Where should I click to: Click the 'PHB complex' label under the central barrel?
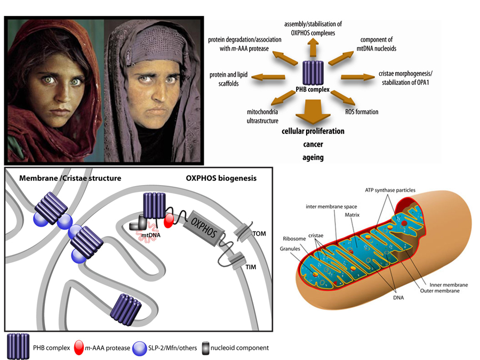click(313, 90)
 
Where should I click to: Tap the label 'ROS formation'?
click(362, 112)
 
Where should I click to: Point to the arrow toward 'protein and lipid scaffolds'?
click(268, 77)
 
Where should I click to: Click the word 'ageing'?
click(313, 158)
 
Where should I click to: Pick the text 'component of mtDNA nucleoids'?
click(376, 44)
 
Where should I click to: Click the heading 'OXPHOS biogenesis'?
click(221, 178)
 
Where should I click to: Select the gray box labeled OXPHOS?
click(204, 228)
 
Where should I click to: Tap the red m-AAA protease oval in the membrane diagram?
click(169, 221)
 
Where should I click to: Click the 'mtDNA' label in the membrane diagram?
click(150, 235)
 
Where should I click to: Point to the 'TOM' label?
click(259, 234)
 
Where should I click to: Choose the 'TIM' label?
click(251, 267)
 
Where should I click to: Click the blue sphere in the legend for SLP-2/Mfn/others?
click(140, 348)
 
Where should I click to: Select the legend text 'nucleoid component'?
click(239, 348)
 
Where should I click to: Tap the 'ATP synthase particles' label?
click(390, 190)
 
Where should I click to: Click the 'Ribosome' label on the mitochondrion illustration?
click(294, 239)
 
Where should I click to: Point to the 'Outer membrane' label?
click(439, 291)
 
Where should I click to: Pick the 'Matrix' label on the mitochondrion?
click(352, 215)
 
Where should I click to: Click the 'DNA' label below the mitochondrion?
click(398, 298)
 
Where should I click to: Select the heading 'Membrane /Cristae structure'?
click(70, 178)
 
